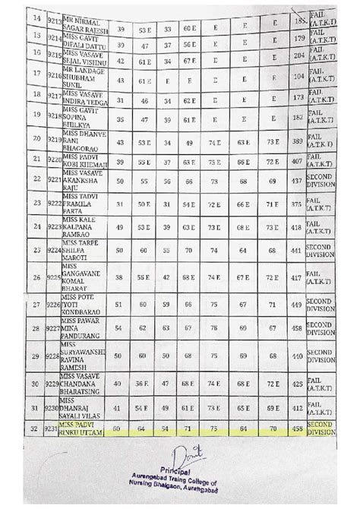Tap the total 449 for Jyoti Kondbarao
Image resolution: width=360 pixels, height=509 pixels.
click(295, 305)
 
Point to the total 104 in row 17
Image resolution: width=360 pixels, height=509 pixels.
click(298, 77)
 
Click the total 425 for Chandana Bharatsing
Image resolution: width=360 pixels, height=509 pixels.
click(296, 384)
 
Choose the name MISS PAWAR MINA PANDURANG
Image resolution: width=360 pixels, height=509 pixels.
click(82, 329)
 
